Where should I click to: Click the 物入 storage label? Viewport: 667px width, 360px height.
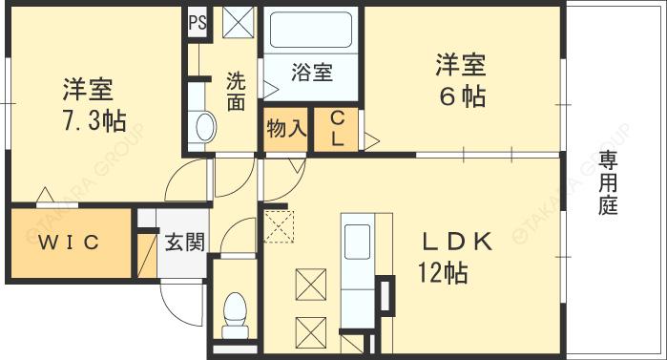pos(286,128)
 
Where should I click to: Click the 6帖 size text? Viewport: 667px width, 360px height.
pos(460,96)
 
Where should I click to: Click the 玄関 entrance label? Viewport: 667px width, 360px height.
pos(182,243)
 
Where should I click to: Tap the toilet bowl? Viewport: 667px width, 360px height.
pos(234,309)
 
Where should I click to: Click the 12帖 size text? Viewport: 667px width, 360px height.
pos(441,274)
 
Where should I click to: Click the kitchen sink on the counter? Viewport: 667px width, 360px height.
pos(356,239)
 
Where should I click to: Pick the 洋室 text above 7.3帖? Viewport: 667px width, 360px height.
pos(88,91)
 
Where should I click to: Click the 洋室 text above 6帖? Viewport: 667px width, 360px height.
pos(460,65)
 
